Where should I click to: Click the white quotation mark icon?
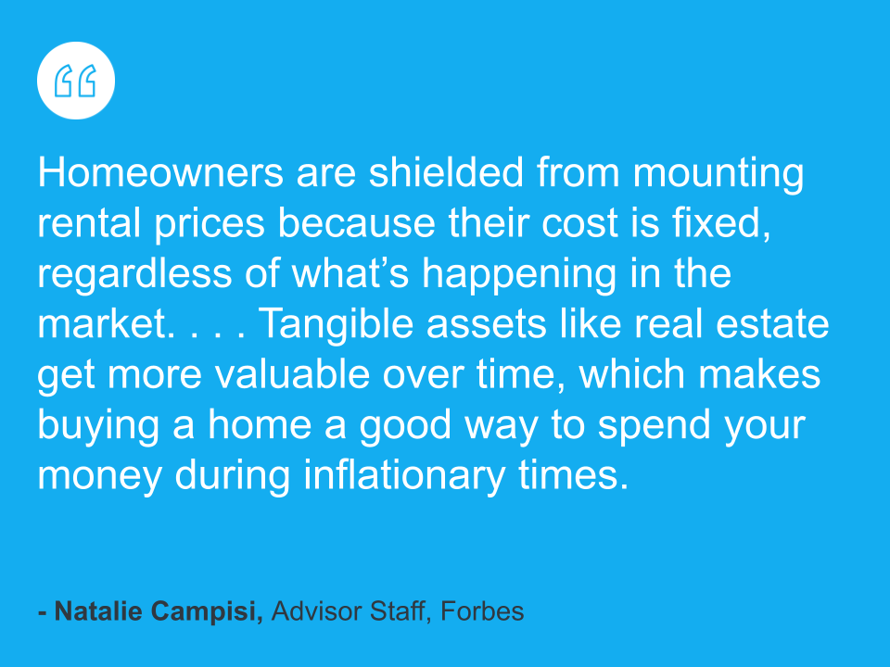76,81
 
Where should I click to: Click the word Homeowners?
160,172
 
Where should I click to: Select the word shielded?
446,172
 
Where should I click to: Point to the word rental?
89,222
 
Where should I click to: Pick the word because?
356,222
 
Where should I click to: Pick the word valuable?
292,373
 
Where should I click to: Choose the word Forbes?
482,611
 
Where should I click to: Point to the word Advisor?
317,611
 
